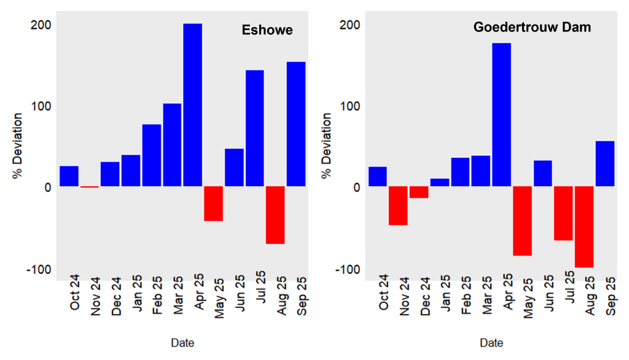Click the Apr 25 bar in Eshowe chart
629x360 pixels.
point(192,104)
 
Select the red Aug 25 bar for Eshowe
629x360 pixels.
point(275,215)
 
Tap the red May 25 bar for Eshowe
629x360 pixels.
point(213,203)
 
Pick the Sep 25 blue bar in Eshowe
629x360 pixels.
point(295,124)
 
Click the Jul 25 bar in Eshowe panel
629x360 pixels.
point(254,128)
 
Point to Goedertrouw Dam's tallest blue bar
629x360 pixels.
point(501,115)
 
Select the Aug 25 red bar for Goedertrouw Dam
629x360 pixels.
point(584,227)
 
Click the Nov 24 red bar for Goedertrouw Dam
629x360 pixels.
point(398,206)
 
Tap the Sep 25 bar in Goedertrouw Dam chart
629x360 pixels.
point(604,163)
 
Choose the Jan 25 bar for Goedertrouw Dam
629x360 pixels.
point(439,182)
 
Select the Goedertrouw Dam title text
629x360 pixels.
point(532,28)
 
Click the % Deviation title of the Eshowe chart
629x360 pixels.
point(18,146)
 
